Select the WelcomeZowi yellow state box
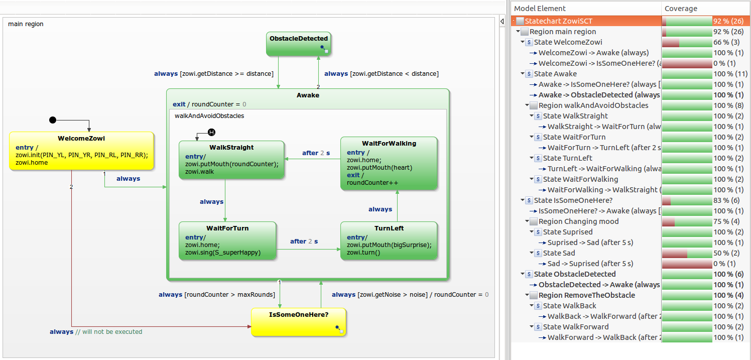coord(81,151)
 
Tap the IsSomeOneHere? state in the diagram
coord(298,321)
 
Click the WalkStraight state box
coord(231,160)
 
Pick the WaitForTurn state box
coord(227,241)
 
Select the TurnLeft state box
coord(389,241)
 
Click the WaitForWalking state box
coord(389,163)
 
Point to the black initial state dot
coord(53,120)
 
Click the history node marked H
coord(211,132)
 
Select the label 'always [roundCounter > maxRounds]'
coord(217,295)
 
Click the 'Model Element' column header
coord(540,9)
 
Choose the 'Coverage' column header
coord(681,9)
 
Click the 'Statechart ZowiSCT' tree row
coord(558,21)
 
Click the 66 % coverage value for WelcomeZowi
coord(726,42)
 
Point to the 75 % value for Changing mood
coord(726,221)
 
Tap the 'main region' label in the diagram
coord(26,24)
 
